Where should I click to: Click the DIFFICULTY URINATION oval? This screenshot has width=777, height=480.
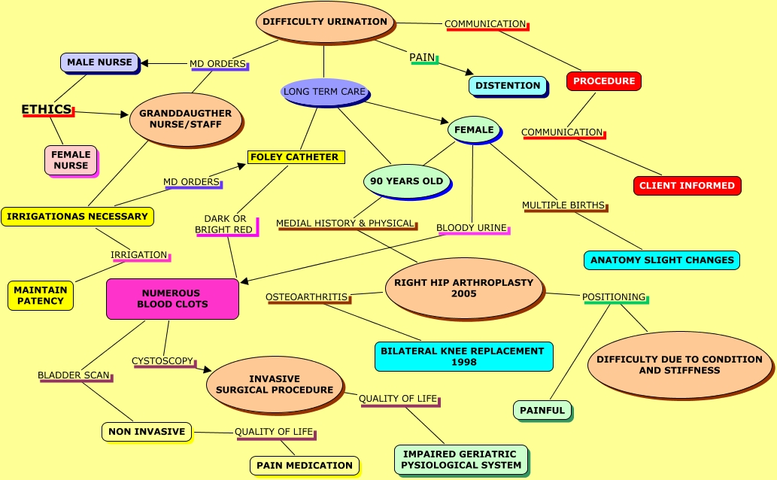click(325, 22)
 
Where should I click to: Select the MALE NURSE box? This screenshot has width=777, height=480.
click(99, 62)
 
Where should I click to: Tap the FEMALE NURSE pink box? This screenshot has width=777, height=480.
click(71, 160)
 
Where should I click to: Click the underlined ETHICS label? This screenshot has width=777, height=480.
click(47, 110)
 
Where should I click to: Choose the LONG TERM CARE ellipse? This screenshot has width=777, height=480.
click(324, 92)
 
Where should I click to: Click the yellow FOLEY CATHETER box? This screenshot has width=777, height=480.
click(294, 157)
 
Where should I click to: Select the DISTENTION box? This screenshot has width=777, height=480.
click(508, 86)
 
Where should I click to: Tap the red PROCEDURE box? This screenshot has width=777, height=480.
click(603, 81)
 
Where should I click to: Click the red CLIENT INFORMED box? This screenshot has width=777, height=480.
click(687, 186)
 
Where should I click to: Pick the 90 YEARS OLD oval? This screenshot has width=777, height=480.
click(407, 181)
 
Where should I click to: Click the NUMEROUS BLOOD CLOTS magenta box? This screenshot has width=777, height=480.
click(172, 299)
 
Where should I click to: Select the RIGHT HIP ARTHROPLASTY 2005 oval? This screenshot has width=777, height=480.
click(463, 288)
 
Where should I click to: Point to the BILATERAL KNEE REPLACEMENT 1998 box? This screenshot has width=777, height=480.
click(463, 357)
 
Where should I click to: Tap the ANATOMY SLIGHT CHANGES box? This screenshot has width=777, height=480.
click(661, 260)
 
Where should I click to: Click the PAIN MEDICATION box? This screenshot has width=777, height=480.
click(304, 466)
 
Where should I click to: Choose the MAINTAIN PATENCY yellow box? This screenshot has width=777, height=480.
click(41, 296)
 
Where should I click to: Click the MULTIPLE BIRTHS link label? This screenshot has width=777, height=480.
click(564, 205)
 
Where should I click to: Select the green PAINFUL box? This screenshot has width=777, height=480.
click(542, 410)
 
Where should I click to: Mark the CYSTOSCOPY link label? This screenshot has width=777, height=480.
click(162, 361)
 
